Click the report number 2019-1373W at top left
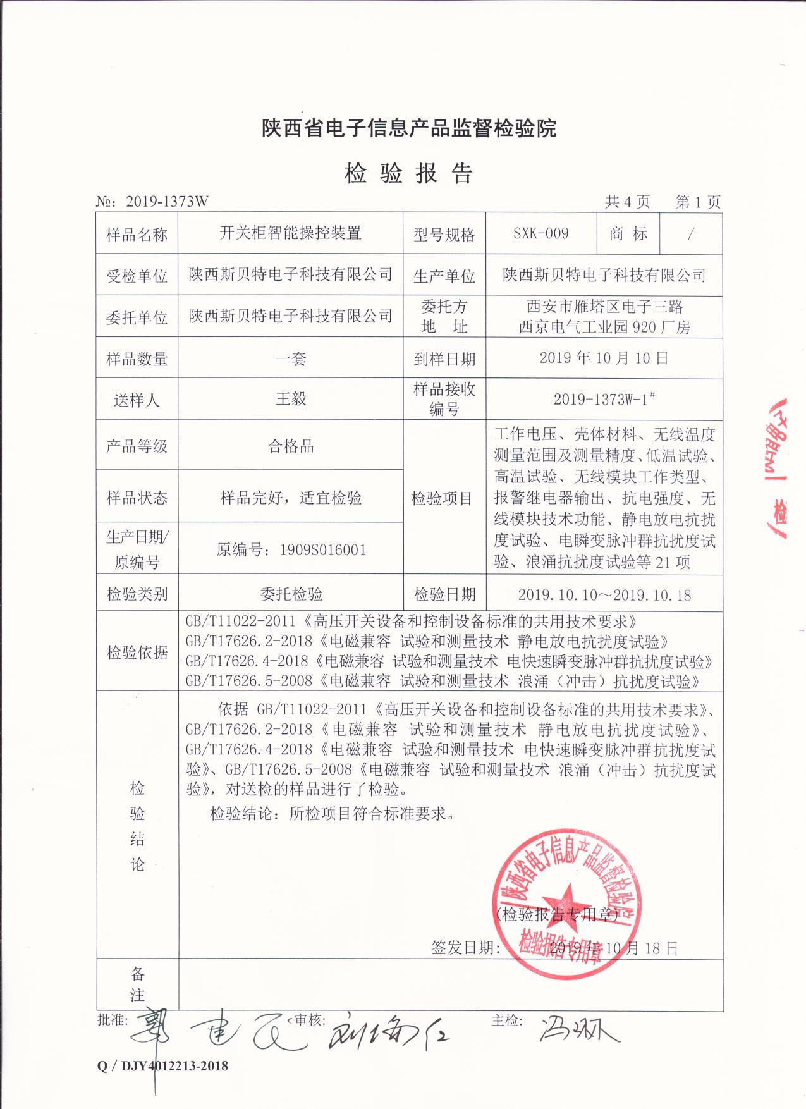point(167,202)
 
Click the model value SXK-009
point(540,233)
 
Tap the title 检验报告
point(408,173)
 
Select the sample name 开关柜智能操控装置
point(290,233)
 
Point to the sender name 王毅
point(291,399)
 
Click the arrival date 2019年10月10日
point(604,358)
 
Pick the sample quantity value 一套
point(291,359)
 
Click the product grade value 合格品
point(291,446)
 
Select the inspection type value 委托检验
point(291,594)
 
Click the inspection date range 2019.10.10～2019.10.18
point(604,595)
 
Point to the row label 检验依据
point(137,652)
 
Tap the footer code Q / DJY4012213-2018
point(162,1066)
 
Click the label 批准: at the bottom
point(113,1020)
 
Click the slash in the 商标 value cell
point(690,233)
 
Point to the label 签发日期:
point(466,947)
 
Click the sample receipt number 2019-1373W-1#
point(604,399)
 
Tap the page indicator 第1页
point(697,202)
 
